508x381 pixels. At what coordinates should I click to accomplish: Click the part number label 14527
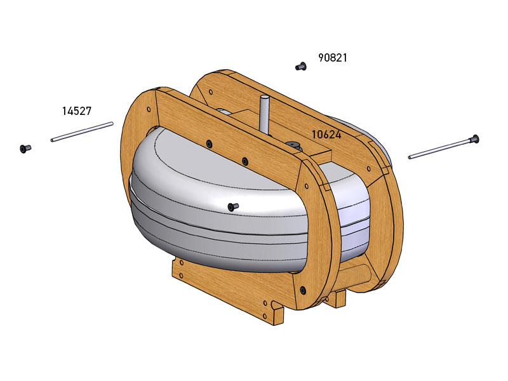tap(76, 110)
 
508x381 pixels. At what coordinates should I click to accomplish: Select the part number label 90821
tap(333, 58)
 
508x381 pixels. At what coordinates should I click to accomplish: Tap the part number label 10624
tap(326, 135)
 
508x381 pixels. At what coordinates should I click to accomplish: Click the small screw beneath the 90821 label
tap(300, 66)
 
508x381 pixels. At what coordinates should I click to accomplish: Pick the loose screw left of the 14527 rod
tap(25, 149)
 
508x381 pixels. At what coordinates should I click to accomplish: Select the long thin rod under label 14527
tap(82, 131)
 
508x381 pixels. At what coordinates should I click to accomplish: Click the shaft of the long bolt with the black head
tap(438, 149)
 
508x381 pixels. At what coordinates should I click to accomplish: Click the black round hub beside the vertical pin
tap(293, 146)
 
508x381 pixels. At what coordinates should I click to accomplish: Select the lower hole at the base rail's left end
tap(182, 276)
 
